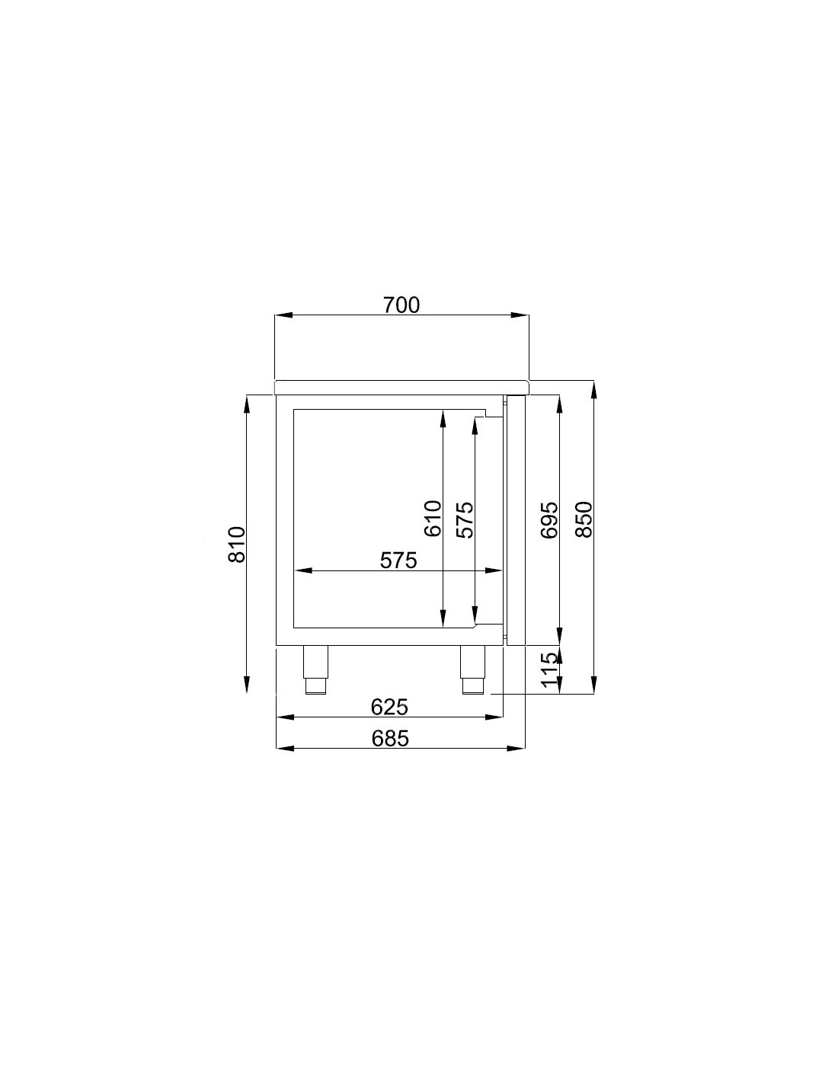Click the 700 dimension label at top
[x=401, y=305]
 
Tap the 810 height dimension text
[x=237, y=545]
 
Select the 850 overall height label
[x=584, y=519]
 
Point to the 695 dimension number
[x=549, y=520]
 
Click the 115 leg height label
[x=549, y=670]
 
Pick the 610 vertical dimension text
[x=433, y=519]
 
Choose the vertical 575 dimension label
[x=465, y=520]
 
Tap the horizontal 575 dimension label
[x=398, y=561]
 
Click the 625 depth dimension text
[x=389, y=707]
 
